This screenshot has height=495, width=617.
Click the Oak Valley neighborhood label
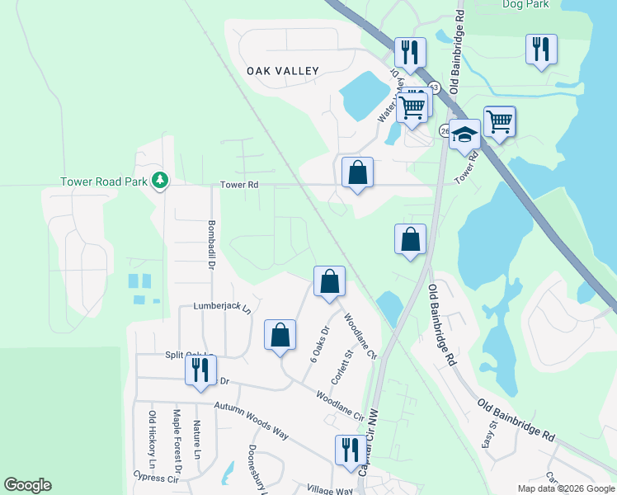coord(282,72)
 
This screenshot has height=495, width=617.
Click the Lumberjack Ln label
coord(221,306)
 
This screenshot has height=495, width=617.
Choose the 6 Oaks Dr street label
coord(320,341)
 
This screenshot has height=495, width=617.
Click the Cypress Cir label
coord(156,478)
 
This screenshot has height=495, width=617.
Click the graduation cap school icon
coord(464,134)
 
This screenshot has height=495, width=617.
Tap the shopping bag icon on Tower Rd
coord(357,174)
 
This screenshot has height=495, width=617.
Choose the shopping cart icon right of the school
coord(499,121)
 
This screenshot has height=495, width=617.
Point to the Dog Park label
coord(525,4)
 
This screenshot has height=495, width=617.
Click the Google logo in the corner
coord(27,485)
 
